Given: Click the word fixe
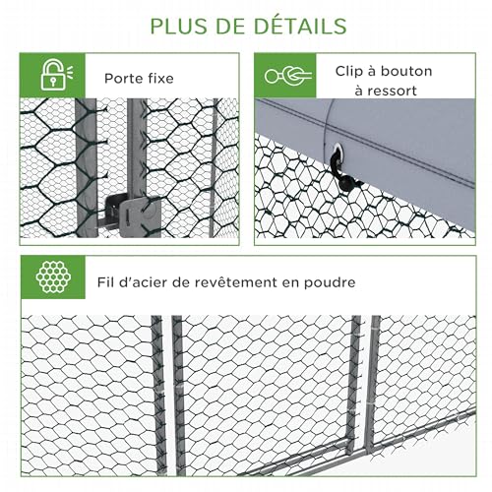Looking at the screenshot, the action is tap(160, 79).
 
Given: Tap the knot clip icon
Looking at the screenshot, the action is tap(288, 76).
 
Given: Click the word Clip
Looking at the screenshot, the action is tap(349, 72).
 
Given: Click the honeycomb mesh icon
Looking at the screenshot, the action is tap(53, 277).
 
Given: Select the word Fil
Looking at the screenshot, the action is tap(104, 281).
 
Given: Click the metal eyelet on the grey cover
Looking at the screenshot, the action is tap(337, 152).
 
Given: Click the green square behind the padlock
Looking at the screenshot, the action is tap(52, 75).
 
